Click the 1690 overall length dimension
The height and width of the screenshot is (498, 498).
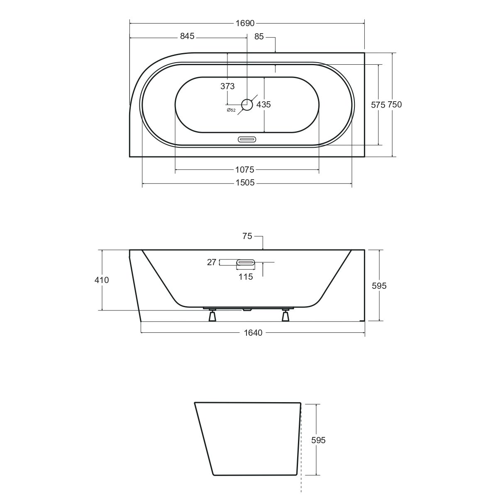[x=245, y=24]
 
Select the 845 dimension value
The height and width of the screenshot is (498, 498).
[x=187, y=36]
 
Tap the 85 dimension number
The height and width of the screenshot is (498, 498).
[x=259, y=37]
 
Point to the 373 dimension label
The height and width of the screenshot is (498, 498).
[x=227, y=86]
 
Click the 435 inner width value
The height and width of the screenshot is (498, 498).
[x=264, y=105]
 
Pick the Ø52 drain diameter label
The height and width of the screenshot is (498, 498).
[x=231, y=110]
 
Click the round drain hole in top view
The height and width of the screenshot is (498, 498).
[x=247, y=105]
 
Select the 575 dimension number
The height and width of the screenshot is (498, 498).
[x=378, y=105]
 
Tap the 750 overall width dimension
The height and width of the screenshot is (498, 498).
[x=395, y=105]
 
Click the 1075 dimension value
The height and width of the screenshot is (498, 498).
[x=245, y=170]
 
